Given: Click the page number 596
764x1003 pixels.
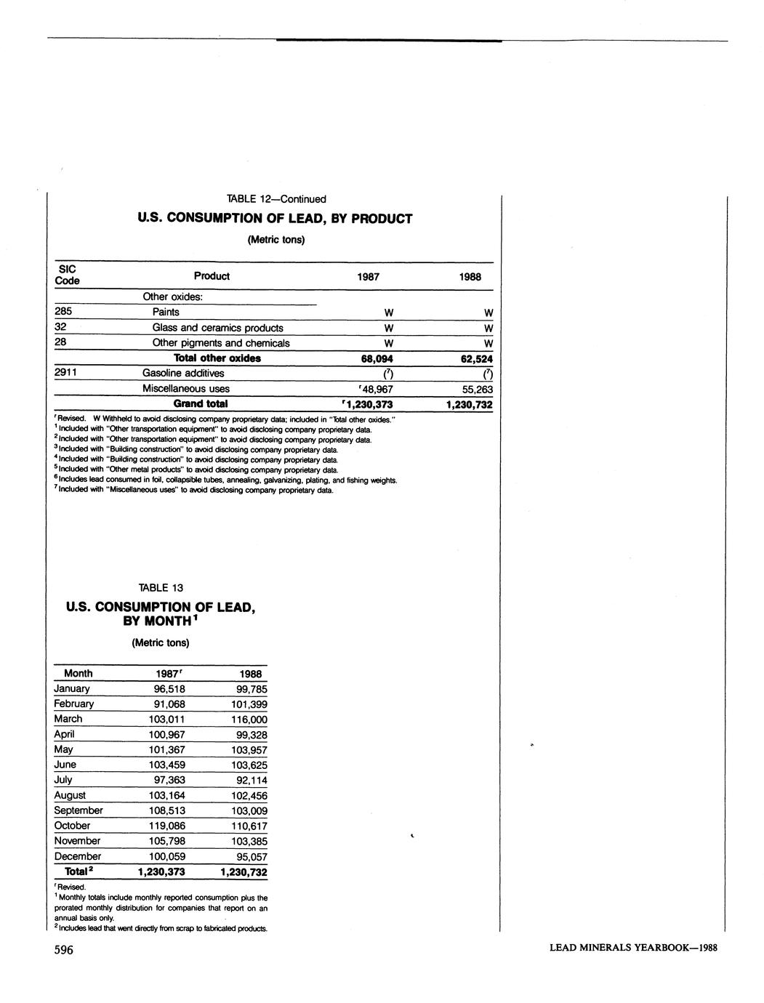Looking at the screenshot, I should (64, 951).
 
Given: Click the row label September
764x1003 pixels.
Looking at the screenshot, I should (79, 811).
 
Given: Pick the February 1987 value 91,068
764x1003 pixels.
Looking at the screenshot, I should (169, 704).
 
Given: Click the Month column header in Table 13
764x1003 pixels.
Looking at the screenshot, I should (79, 674).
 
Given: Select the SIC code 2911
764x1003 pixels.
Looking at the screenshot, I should (67, 373).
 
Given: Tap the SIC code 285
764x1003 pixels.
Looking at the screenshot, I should (63, 312).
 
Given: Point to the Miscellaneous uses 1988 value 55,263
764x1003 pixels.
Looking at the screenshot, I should (477, 390).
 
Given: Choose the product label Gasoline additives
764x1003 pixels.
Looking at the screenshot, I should (183, 374).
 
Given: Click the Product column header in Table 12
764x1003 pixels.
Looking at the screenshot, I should (212, 276).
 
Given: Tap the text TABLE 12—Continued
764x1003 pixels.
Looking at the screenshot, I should (276, 199).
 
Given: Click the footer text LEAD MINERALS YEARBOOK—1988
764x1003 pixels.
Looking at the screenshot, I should (633, 948).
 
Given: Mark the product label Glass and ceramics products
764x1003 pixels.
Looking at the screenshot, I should (217, 328).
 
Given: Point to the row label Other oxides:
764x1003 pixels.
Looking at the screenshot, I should (172, 297).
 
